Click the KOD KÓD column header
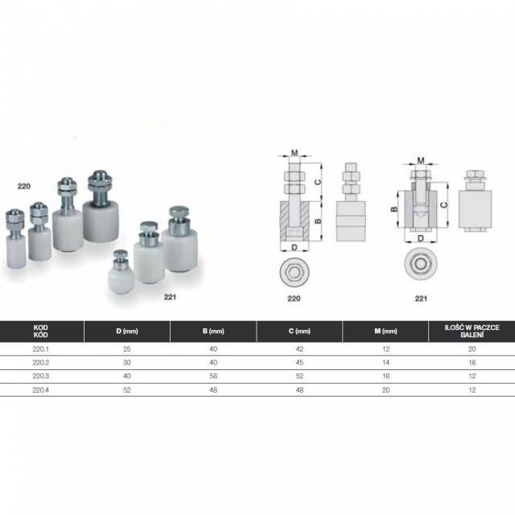coord(41,331)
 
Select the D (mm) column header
coord(127,331)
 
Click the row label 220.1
coord(41,349)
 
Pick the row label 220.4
coord(41,389)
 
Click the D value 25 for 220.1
coord(127,349)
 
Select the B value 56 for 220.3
coord(213,376)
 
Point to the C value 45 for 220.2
coord(299,363)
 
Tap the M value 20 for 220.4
coord(386,389)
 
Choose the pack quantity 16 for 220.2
coord(472,363)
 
